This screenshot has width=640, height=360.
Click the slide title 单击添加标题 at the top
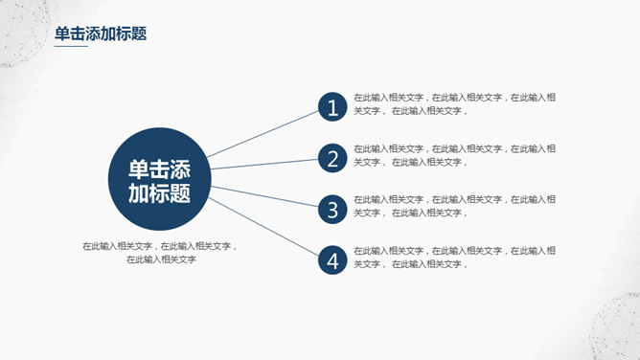(101, 34)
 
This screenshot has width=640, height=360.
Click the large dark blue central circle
(159, 178)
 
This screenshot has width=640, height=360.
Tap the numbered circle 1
(332, 108)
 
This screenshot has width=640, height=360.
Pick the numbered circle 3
(332, 210)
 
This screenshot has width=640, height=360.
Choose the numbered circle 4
(332, 259)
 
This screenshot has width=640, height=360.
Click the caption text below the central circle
(160, 252)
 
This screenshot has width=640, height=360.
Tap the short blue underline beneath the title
(71, 46)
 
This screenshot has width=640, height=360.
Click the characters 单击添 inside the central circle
(159, 169)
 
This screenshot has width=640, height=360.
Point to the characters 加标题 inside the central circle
(159, 193)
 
